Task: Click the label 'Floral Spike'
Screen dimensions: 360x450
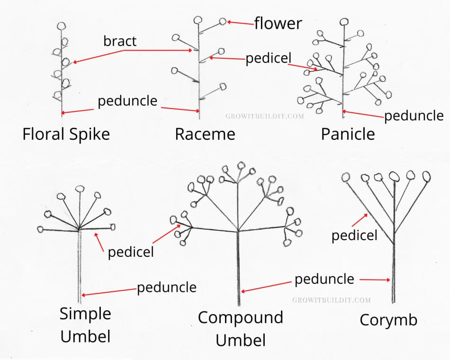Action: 66,134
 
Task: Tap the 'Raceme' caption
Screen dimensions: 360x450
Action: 205,134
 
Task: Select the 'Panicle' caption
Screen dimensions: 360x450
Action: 348,134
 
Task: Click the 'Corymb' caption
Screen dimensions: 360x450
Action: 388,320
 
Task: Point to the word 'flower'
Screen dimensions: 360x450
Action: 278,23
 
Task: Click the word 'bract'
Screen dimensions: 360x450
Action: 120,41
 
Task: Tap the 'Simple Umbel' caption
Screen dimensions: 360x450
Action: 85,324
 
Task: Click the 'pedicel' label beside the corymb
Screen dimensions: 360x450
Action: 354,235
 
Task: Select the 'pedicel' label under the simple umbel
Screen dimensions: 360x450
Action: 131,252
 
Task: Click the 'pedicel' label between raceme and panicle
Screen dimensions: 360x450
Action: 268,59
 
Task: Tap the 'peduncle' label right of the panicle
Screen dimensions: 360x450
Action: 414,116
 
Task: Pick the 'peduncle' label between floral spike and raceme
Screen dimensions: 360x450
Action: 127,101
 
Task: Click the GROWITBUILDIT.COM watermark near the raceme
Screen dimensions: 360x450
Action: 264,115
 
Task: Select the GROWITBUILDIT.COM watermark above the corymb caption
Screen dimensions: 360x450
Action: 331,300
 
